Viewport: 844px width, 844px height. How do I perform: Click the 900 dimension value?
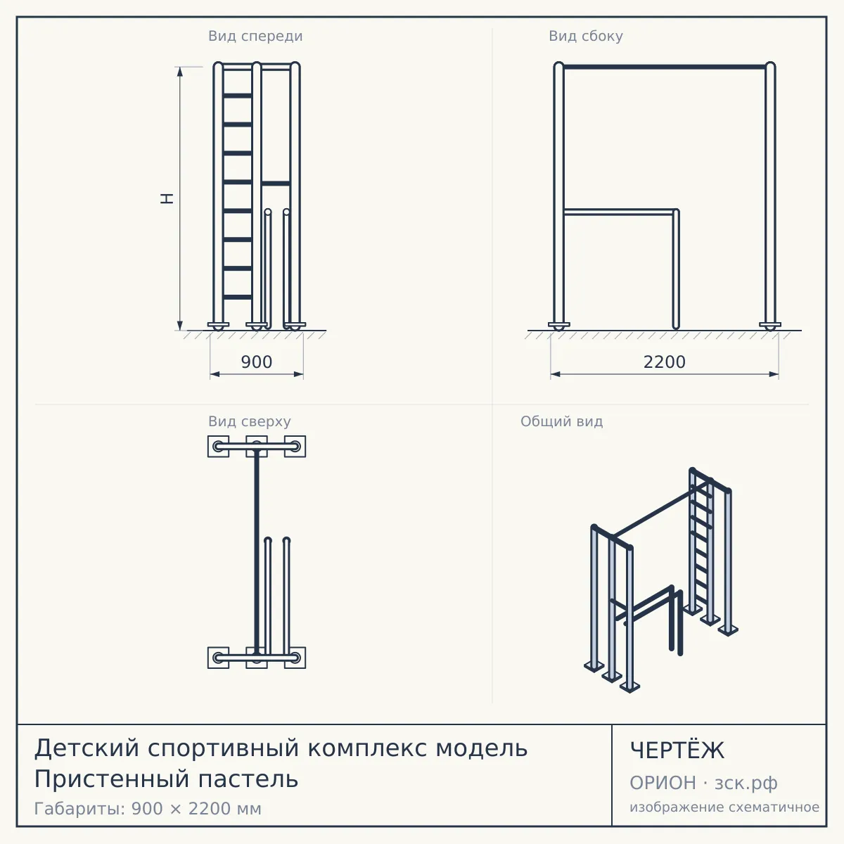point(256,362)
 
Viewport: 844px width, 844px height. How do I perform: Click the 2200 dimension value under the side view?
point(664,362)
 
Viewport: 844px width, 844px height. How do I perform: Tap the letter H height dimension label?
point(167,198)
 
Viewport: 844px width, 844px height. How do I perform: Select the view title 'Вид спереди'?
point(255,36)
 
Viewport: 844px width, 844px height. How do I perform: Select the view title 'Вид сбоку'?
point(586,36)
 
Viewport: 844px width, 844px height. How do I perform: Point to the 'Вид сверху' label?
point(249,421)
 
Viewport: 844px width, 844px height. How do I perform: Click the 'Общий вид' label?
point(561,421)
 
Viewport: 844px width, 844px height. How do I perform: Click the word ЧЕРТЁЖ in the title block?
point(677,750)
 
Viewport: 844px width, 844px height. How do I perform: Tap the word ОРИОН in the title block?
point(663,783)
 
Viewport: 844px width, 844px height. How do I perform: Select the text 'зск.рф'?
point(746,784)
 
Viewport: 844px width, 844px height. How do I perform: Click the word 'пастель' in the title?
point(248,779)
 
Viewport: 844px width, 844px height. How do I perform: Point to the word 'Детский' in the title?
point(87,748)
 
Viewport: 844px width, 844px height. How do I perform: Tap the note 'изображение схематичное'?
point(724,807)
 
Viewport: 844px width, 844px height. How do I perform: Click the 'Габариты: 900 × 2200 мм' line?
point(148,809)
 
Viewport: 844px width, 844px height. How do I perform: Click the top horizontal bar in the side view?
point(665,67)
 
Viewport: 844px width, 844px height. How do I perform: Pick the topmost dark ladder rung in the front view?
point(238,96)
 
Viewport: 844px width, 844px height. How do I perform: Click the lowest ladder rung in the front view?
point(238,297)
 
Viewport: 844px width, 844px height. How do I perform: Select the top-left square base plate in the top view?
point(218,447)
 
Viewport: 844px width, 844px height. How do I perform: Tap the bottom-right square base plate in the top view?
point(295,658)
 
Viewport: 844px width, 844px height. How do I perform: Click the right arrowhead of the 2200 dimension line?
point(774,374)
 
